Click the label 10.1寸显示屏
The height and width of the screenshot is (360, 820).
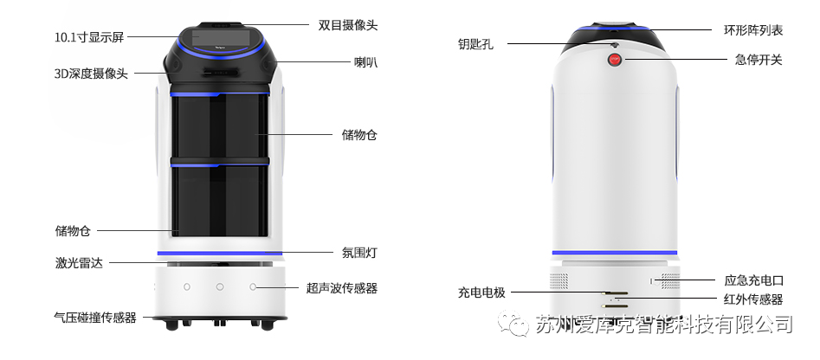(90, 37)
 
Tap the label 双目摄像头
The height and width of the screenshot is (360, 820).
(347, 25)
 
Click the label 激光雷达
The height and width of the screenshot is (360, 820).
(78, 262)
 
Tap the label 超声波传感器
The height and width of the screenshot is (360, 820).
(342, 287)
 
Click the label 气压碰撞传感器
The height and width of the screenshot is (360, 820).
(95, 318)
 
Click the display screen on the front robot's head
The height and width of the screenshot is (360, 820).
(221, 40)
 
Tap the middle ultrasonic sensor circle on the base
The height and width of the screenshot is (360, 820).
(220, 286)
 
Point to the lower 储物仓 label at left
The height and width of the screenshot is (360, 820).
(73, 230)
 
